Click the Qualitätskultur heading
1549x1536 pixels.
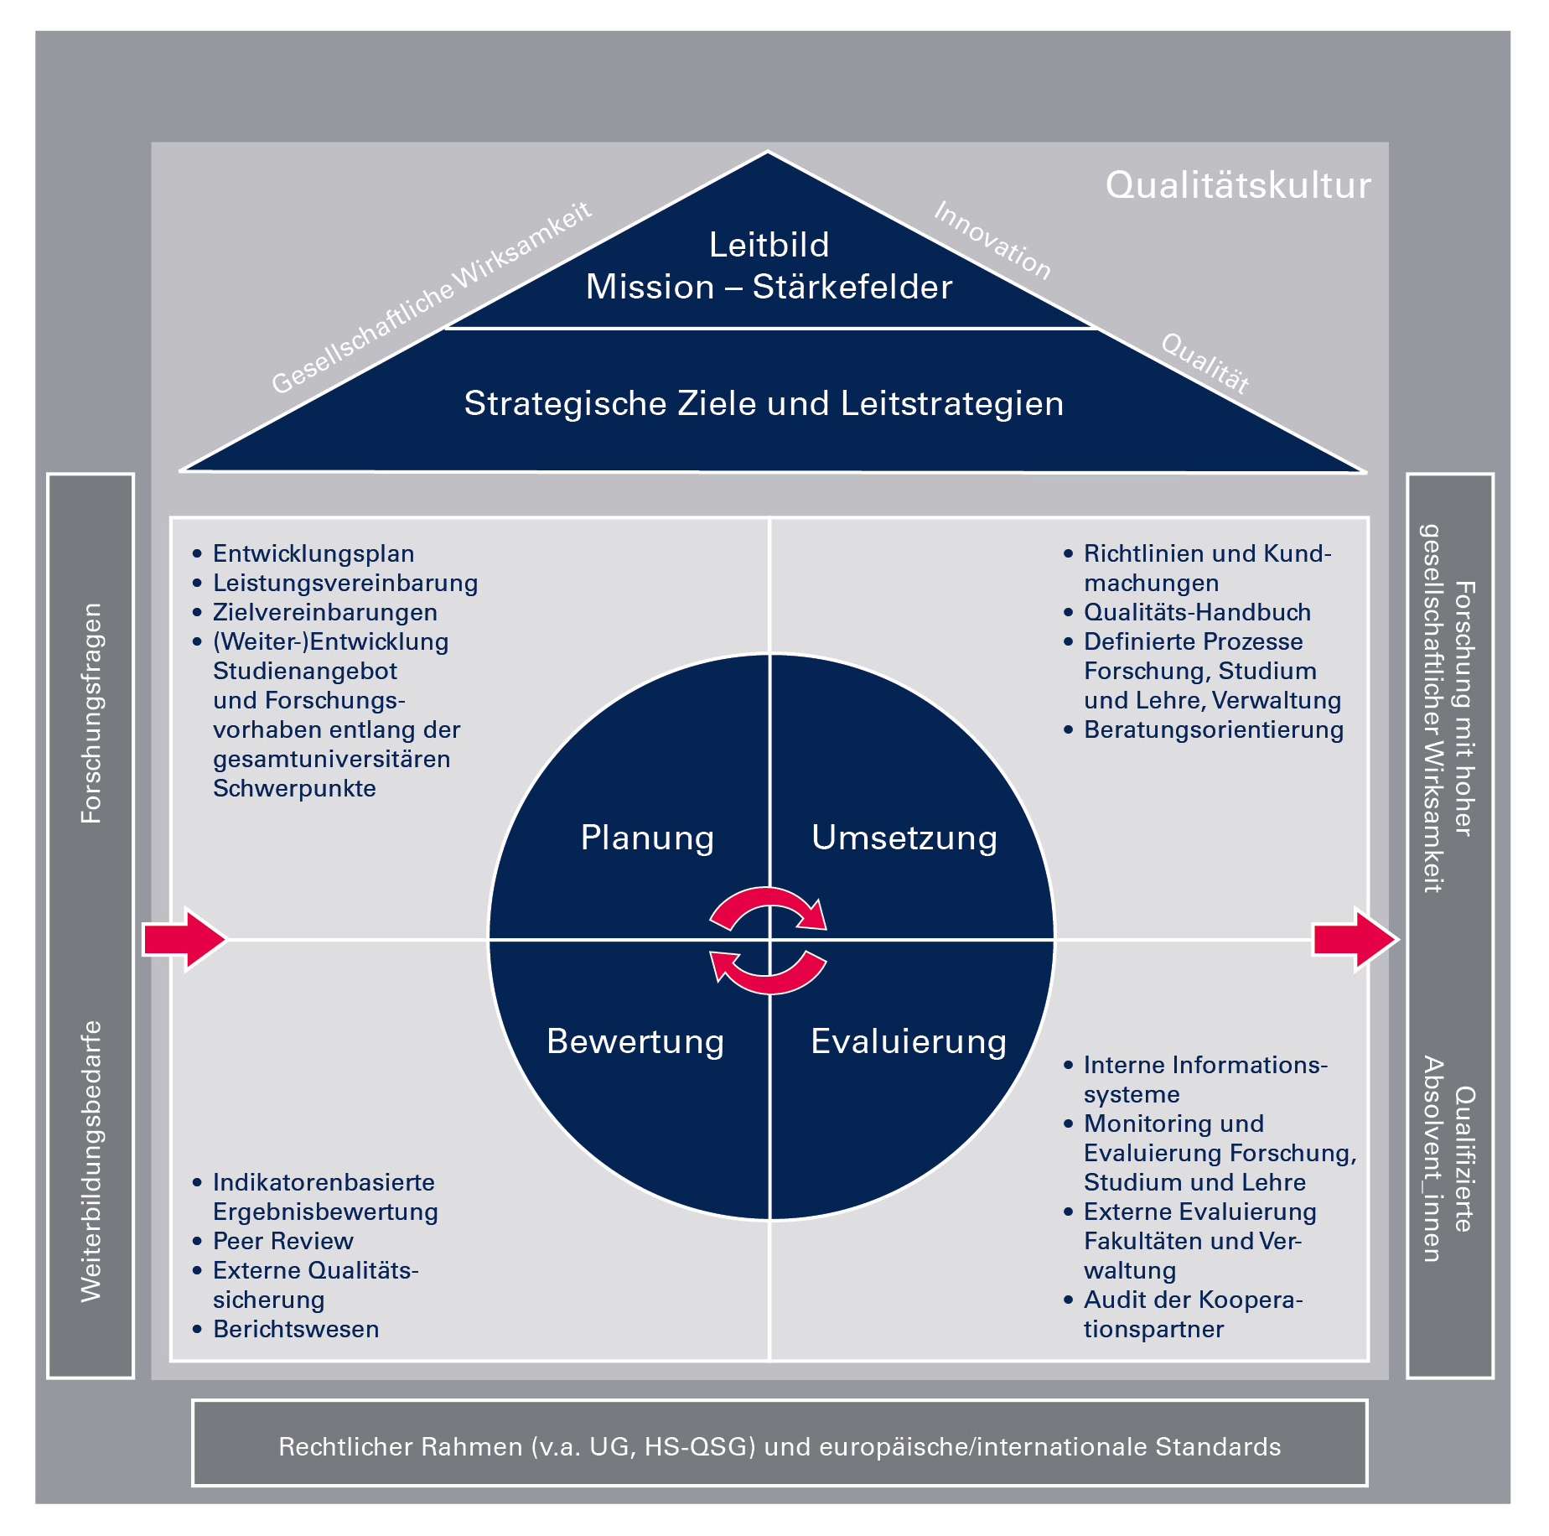[1237, 185]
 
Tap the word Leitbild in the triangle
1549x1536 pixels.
[769, 245]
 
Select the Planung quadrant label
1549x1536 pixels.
[647, 838]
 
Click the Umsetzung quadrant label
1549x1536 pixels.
[904, 838]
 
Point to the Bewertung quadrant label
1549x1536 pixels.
[635, 1041]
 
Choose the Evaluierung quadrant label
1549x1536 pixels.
[909, 1041]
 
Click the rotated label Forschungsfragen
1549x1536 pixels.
[91, 714]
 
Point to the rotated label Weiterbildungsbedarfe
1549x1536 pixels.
[91, 1161]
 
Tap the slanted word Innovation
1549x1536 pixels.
[992, 240]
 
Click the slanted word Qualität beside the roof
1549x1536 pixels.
[1205, 362]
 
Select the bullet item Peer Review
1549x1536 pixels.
[282, 1241]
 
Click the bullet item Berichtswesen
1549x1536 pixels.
[296, 1329]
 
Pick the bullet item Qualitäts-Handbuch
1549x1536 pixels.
[1197, 612]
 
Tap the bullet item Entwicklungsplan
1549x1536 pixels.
[313, 553]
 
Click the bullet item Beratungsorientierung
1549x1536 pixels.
[1213, 729]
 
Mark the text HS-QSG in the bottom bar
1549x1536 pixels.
[699, 1446]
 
